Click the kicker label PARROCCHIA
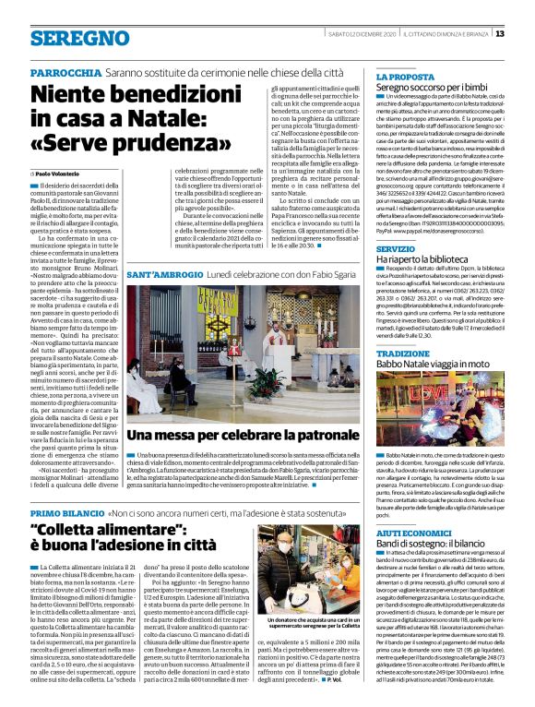click(64, 73)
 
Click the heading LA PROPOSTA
click(405, 77)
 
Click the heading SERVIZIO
click(395, 249)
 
